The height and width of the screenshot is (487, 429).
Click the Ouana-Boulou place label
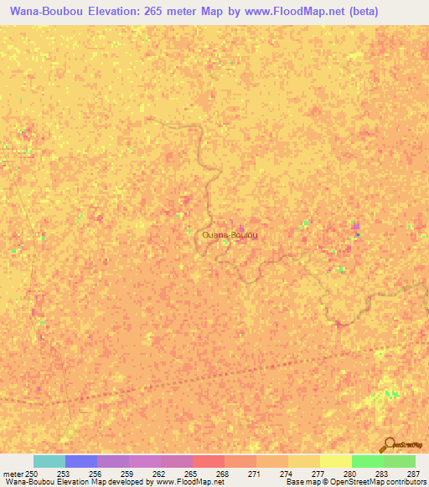(x=229, y=237)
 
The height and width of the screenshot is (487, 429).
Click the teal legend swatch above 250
(x=49, y=461)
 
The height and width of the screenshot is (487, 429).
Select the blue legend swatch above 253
(x=81, y=461)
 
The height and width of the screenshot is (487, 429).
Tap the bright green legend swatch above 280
(x=367, y=461)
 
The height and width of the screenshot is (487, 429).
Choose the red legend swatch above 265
(x=209, y=461)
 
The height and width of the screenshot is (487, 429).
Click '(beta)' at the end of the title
(x=341, y=12)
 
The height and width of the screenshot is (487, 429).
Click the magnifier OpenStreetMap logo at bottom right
(x=389, y=444)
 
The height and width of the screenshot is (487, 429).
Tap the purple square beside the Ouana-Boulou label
(x=242, y=228)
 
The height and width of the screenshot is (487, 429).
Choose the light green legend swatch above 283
(x=399, y=461)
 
